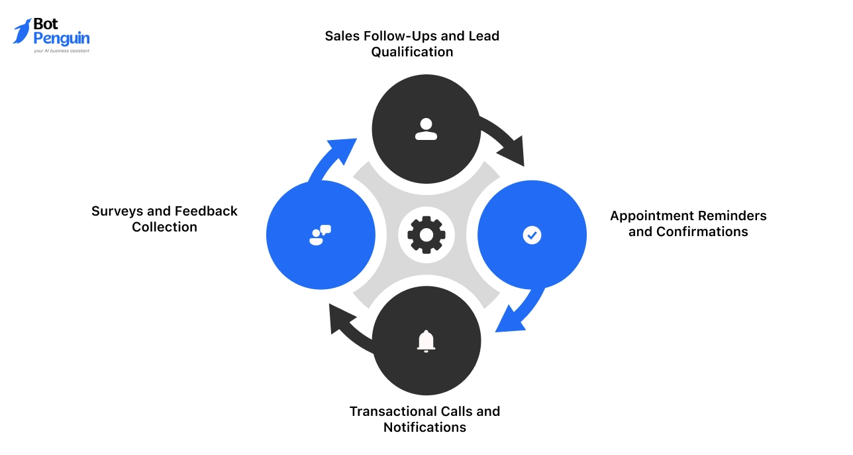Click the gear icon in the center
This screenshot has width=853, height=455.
pos(426,235)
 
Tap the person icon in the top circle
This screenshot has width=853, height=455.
pos(426,129)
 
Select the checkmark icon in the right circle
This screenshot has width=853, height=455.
pos(532,235)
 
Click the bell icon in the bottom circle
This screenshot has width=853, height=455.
pos(426,340)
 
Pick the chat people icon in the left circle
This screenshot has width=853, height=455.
pos(320,235)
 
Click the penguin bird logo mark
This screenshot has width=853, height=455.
pos(22,31)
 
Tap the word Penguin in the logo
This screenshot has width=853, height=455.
pos(61,38)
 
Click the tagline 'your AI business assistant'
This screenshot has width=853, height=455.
pos(61,50)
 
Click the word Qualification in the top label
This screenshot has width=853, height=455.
pos(412,52)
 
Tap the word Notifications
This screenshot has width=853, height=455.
pos(425,427)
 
